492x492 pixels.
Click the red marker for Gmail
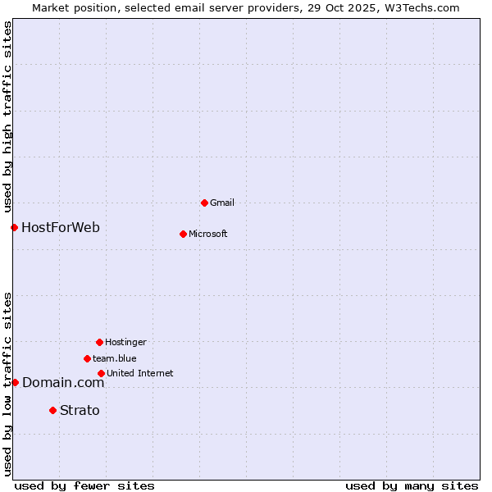tap(204, 203)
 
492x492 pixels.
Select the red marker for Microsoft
tap(183, 234)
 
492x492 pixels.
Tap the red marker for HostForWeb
tap(14, 227)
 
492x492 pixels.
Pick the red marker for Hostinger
tap(99, 342)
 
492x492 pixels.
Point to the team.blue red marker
tap(87, 358)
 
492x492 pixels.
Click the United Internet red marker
tap(101, 373)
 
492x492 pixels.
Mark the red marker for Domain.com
tap(15, 382)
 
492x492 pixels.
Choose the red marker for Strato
tap(52, 410)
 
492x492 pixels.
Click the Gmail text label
tap(222, 203)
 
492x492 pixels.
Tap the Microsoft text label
tap(208, 234)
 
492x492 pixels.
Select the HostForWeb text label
tap(61, 227)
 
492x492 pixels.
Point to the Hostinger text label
tap(125, 342)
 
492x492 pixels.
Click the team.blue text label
tap(115, 358)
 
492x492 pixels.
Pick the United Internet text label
tap(140, 373)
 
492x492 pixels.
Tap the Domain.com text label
tap(63, 382)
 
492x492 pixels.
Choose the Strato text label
tap(80, 410)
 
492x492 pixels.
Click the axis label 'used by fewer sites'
tap(84, 485)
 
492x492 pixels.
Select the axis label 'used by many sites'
tap(412, 485)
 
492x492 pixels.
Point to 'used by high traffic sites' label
tap(7, 116)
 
